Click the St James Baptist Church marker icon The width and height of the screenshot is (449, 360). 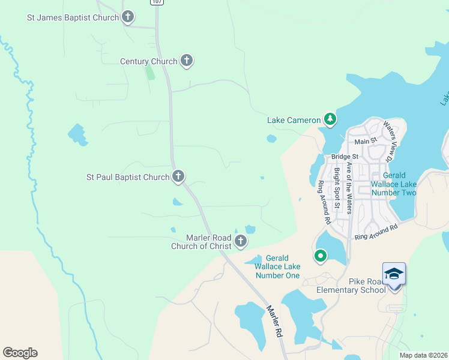[128, 17]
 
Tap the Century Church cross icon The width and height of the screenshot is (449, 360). [187, 61]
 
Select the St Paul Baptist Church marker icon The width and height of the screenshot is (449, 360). [178, 176]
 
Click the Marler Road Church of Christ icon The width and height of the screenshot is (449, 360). [241, 241]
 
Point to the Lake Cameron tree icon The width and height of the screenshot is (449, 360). [330, 119]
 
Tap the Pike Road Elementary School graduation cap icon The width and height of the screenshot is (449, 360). [394, 274]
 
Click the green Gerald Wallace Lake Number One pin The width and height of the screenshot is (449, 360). [321, 256]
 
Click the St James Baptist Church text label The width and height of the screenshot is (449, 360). [73, 17]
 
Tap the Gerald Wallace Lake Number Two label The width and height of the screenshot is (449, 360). [394, 184]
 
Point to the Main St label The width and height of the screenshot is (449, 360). [365, 142]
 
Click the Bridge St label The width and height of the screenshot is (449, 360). [345, 157]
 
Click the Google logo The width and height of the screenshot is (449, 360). [20, 353]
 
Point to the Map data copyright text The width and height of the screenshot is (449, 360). [424, 355]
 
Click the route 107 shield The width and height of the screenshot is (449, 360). [157, 2]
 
